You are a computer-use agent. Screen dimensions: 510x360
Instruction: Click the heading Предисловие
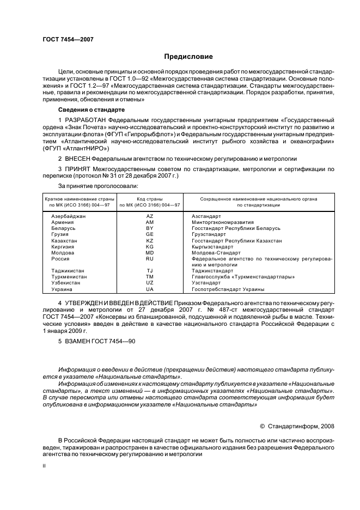coord(188,57)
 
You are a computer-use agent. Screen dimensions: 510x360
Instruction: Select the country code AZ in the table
coord(150,216)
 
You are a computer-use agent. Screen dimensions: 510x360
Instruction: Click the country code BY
coord(150,228)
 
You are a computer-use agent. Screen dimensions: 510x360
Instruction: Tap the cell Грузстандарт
coord(209,234)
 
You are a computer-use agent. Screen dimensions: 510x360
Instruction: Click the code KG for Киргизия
coord(150,246)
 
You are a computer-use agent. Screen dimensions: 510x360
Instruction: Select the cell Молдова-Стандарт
coord(216,253)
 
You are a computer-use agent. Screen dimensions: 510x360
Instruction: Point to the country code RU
coord(150,259)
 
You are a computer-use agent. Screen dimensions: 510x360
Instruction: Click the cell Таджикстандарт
coord(213,270)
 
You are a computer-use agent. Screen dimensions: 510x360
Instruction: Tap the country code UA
coord(150,289)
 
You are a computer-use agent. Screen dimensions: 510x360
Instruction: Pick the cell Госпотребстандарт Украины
coord(228,289)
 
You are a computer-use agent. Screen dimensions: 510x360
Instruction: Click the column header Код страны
coord(150,199)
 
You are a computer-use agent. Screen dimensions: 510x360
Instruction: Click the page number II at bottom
coord(45,466)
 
